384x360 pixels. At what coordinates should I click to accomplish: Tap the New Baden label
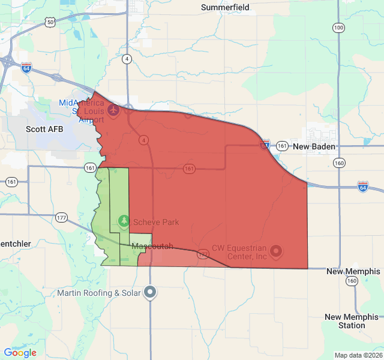[314, 146]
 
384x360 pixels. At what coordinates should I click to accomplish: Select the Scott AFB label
[44, 129]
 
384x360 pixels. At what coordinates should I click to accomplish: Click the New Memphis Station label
[352, 321]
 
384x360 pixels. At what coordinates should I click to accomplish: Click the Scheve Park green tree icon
[124, 222]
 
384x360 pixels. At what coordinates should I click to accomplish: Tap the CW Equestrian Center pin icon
[276, 251]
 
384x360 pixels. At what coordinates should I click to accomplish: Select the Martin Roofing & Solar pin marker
[150, 292]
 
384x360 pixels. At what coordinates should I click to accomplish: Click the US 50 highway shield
[50, 22]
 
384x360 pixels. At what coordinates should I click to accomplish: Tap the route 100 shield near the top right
[338, 28]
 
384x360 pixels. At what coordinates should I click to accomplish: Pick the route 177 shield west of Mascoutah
[61, 217]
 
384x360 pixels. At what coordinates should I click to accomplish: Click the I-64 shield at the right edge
[363, 187]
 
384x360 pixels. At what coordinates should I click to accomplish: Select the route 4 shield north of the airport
[127, 59]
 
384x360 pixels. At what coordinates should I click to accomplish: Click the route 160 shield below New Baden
[340, 163]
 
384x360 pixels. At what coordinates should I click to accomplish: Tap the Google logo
[20, 353]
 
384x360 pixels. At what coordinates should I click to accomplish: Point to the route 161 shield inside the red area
[189, 169]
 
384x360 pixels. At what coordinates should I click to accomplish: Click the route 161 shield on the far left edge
[11, 181]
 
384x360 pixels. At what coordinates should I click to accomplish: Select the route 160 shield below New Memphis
[352, 281]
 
